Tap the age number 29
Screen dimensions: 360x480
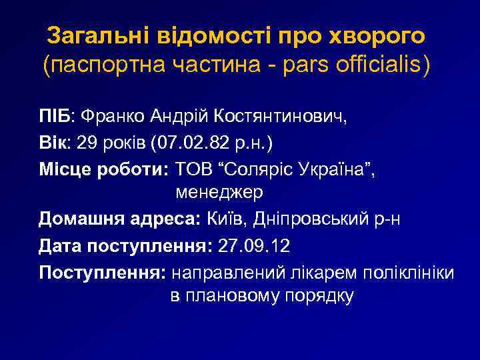87,143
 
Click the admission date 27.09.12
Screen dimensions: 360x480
254,245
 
